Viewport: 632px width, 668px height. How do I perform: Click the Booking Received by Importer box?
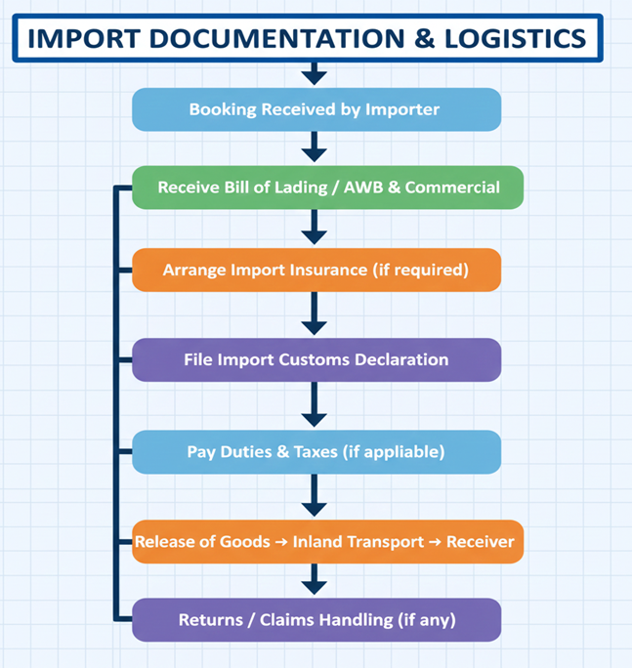316,109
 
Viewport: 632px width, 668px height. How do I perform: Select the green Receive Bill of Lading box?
328,188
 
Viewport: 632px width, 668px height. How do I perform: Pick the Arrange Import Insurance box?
316,270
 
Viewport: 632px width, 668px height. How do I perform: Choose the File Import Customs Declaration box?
316,359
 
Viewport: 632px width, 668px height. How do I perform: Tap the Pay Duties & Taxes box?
316,451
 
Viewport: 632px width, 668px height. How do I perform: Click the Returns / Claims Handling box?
316,620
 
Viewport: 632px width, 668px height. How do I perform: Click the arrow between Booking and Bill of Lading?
314,147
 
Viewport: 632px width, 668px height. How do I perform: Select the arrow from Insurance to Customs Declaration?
314,314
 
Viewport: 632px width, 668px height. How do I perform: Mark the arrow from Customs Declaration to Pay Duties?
314,404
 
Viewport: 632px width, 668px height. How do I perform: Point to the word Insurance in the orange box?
328,270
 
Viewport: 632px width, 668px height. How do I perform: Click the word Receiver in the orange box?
480,541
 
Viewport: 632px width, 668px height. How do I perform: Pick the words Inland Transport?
358,541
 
